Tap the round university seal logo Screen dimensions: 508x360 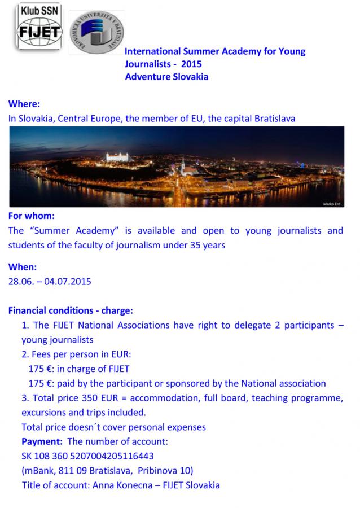[96, 33]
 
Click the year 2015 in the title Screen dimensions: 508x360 [191, 64]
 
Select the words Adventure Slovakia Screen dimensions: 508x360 [166, 77]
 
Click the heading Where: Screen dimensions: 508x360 [24, 104]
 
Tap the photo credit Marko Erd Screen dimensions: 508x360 [331, 203]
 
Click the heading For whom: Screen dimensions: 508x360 [32, 216]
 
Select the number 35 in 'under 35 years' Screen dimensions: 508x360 [187, 245]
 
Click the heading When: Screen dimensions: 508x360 [23, 267]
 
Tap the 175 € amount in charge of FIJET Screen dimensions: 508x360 [38, 369]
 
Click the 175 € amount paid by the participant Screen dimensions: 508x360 [38, 383]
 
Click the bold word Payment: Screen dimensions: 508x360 [42, 441]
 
